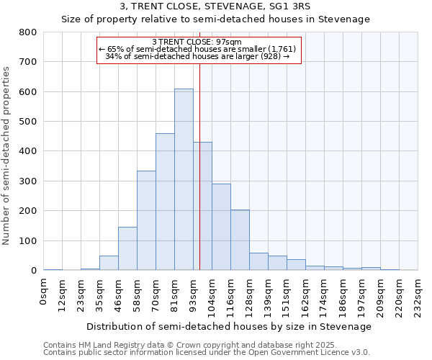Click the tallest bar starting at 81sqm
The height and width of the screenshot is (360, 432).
[x=184, y=180]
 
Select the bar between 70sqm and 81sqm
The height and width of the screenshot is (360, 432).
[x=165, y=202]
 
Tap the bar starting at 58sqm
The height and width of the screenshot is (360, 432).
[x=146, y=220]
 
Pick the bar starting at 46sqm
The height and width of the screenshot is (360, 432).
[x=127, y=248]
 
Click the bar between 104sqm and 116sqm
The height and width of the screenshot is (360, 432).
[x=221, y=227]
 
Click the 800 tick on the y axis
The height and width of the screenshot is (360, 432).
[x=27, y=32]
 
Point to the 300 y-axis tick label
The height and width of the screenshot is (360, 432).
[x=27, y=181]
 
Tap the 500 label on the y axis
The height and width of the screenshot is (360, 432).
[x=27, y=122]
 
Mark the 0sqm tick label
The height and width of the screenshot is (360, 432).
[x=44, y=289]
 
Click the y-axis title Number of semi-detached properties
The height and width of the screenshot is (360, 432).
[x=6, y=156]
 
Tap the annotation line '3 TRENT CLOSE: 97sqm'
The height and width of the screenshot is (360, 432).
[x=197, y=42]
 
